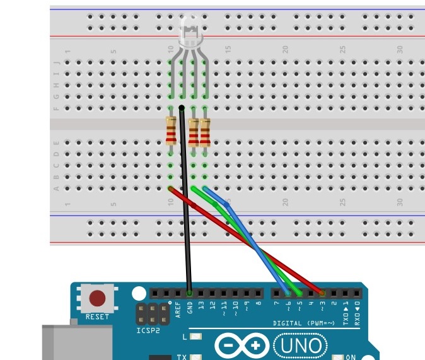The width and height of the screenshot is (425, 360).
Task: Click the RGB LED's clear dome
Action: pos(188,32)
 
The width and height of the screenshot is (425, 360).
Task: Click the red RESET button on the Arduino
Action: pos(98,298)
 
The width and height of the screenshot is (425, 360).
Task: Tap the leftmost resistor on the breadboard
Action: pos(171,131)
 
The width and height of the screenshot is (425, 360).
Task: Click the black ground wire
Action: pos(185,202)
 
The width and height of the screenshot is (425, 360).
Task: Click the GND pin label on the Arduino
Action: pos(190,310)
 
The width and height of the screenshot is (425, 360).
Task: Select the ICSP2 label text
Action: pos(148,330)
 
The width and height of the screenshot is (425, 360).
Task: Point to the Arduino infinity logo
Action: pos(242,345)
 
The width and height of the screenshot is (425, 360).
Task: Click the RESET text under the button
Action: pos(97,316)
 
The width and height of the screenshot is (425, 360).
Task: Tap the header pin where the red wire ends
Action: pos(322,293)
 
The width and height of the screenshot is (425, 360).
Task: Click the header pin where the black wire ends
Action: pos(190,293)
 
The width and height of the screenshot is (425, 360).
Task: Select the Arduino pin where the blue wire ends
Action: pos(288,293)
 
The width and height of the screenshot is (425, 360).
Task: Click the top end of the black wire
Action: pos(182,109)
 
